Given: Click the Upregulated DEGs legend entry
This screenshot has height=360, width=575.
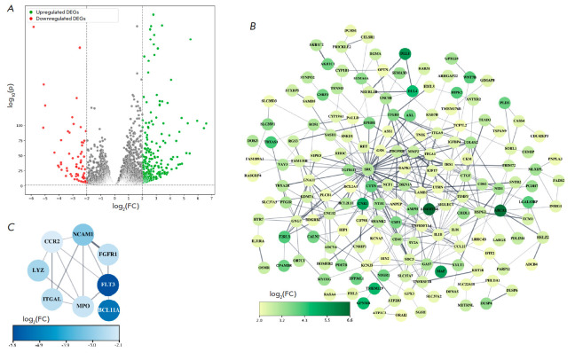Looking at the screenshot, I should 53,12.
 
